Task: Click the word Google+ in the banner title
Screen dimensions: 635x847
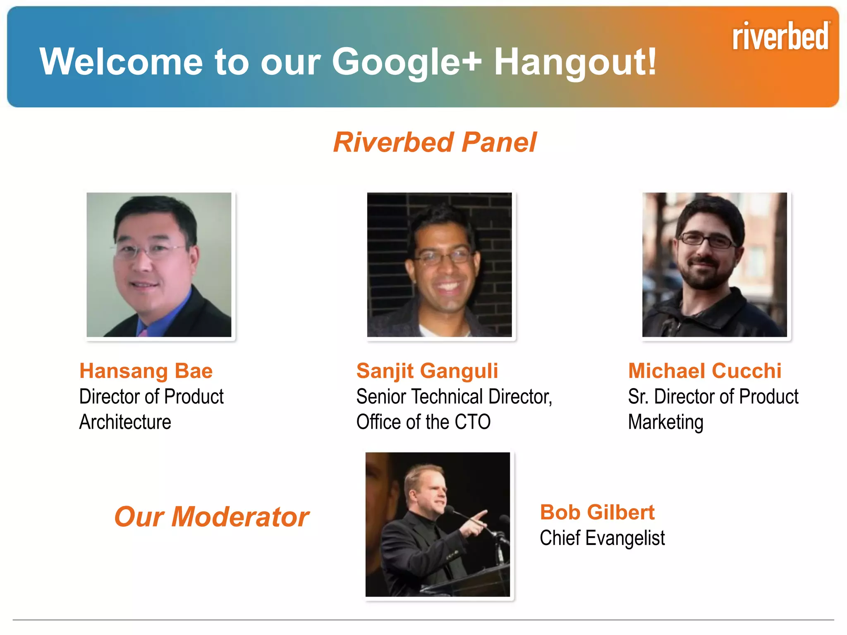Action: click(x=407, y=62)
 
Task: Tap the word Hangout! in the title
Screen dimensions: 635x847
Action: click(x=575, y=62)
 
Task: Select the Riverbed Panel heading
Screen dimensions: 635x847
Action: click(x=435, y=142)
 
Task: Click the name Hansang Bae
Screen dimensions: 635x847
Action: click(x=146, y=371)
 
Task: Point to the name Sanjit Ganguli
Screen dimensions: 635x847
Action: click(x=427, y=371)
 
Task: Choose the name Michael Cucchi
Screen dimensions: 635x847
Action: click(x=705, y=371)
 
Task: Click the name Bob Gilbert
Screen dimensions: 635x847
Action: click(x=597, y=513)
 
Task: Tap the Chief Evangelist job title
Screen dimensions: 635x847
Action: click(x=602, y=538)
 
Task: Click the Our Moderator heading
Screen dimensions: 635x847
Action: click(x=212, y=517)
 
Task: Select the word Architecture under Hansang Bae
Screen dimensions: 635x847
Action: click(x=125, y=422)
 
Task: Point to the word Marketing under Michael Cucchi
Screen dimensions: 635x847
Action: click(x=665, y=422)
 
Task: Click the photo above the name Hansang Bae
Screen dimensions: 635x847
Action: click(x=159, y=265)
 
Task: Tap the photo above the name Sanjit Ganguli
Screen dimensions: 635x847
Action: click(x=439, y=265)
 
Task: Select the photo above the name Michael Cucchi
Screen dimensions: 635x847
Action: click(x=714, y=265)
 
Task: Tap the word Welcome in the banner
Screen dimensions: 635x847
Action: click(x=121, y=62)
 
